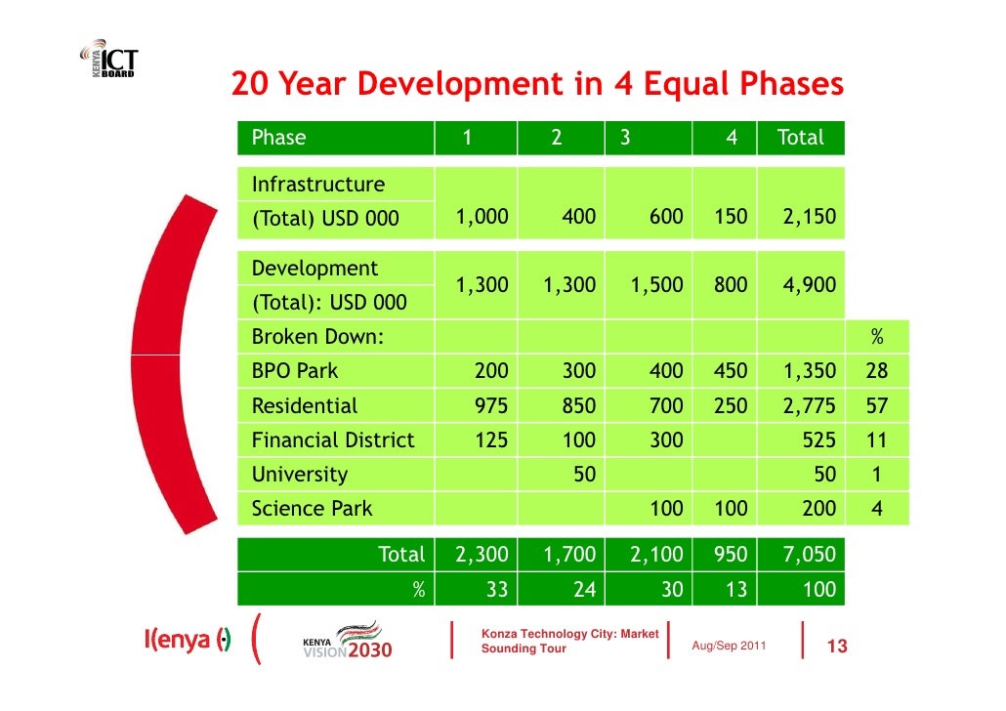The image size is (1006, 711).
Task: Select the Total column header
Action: [800, 138]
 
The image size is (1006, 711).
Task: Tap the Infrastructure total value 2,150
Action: [809, 218]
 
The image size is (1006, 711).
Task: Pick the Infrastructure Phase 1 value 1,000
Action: [482, 218]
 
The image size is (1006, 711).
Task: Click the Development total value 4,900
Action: [809, 285]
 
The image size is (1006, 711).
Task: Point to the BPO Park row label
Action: [295, 371]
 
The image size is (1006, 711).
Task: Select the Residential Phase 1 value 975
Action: [490, 405]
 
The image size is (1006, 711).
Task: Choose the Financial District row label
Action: [333, 439]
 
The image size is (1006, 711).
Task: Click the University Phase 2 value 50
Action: [583, 475]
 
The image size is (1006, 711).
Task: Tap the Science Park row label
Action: [312, 509]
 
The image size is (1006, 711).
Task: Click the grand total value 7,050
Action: [809, 556]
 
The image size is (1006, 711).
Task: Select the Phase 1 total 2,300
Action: [482, 556]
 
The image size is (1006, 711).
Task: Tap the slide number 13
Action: [836, 648]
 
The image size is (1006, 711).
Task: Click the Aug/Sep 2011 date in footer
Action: [729, 648]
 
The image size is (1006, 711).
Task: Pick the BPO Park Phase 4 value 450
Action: [730, 371]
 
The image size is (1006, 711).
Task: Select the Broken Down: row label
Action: [317, 338]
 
